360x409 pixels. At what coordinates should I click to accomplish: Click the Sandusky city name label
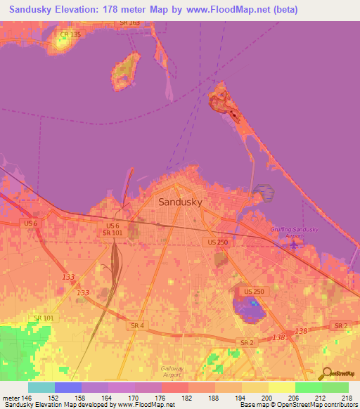click(x=181, y=201)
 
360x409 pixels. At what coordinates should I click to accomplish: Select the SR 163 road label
click(x=130, y=23)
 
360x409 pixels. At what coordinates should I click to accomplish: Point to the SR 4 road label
click(x=138, y=325)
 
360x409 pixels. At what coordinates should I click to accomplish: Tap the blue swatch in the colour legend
click(x=67, y=387)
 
